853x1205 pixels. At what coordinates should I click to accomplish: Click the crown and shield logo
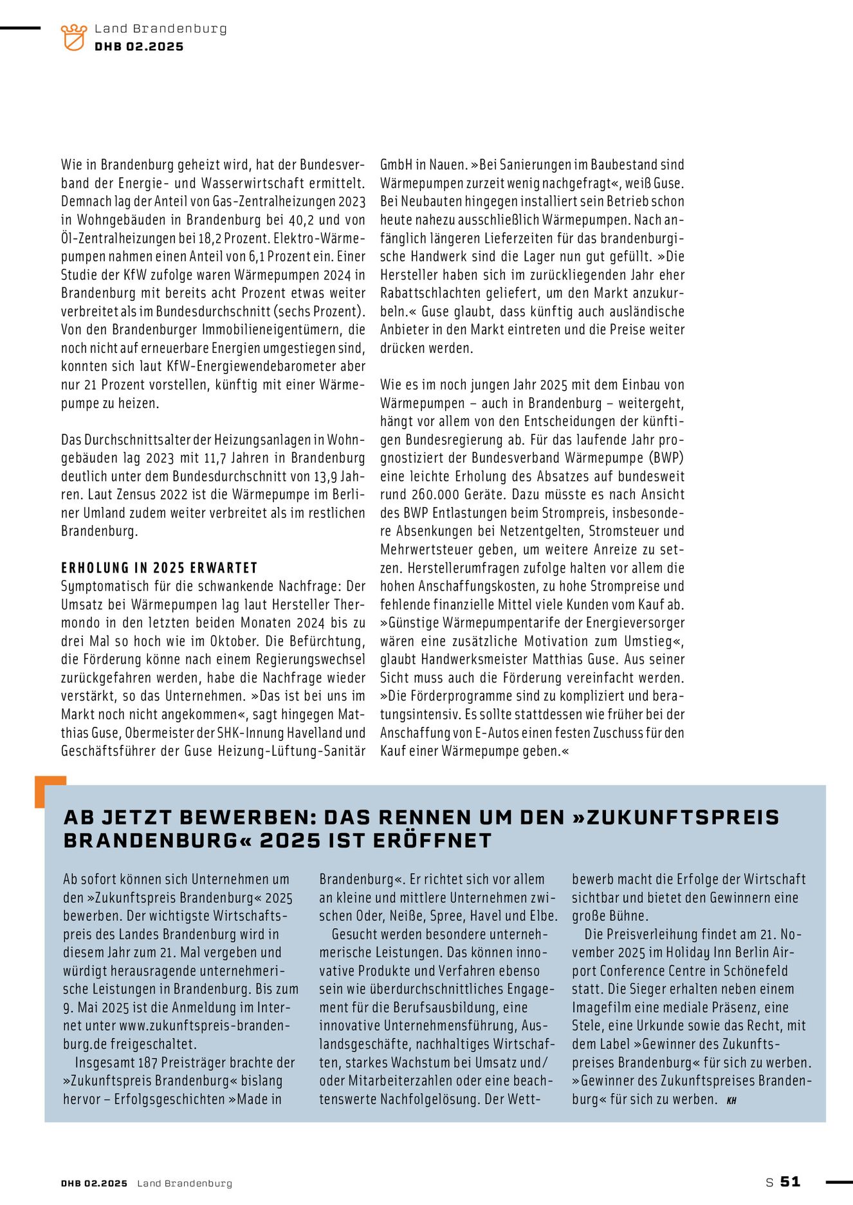point(73,37)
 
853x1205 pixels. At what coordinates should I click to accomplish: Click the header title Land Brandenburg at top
point(160,28)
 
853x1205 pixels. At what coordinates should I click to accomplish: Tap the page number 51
point(790,1181)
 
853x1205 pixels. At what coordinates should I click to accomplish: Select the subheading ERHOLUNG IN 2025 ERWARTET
point(159,568)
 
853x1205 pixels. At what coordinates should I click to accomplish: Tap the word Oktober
point(234,641)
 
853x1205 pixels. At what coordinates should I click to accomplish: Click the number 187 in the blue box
point(147,1063)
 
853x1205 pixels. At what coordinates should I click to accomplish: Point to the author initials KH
point(731,1101)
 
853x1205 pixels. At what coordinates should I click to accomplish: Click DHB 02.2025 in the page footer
point(94,1183)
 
